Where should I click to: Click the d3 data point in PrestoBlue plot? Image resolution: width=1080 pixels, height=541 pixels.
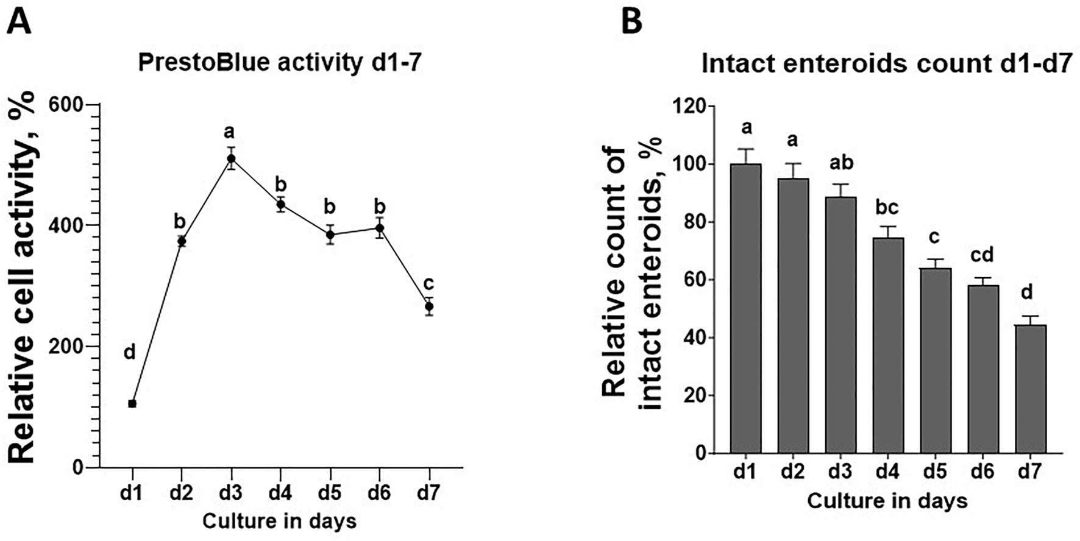(231, 158)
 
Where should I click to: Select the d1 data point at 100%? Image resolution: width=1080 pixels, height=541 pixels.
(132, 403)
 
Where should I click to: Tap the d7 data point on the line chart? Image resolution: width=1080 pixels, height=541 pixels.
(429, 306)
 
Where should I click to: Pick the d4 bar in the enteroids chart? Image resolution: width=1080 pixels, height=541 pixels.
(888, 345)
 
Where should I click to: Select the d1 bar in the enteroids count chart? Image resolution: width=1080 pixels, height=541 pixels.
(747, 308)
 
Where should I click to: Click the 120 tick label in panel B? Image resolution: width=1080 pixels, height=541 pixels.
(690, 107)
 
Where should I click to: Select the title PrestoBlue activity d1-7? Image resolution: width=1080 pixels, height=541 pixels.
(280, 63)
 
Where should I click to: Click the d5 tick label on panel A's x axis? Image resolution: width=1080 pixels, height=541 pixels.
(329, 493)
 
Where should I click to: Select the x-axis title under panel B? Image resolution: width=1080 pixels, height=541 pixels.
(887, 501)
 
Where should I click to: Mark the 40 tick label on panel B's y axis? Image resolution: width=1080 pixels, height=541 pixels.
(696, 338)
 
